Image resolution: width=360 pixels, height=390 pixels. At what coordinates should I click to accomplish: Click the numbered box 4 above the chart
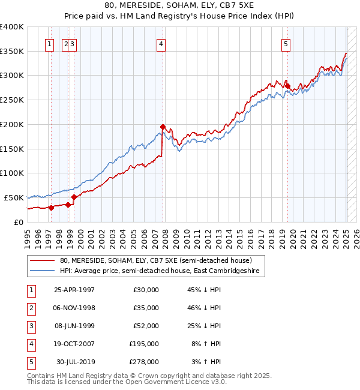[162, 43]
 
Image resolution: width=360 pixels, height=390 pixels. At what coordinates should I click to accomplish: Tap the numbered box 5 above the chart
[286, 43]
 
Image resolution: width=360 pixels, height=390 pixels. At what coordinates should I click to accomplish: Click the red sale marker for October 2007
[163, 127]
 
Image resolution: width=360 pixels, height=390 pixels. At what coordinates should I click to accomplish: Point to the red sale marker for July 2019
[287, 86]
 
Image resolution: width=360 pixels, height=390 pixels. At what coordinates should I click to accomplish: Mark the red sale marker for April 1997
[52, 208]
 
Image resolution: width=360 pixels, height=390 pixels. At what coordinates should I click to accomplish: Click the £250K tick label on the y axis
[11, 100]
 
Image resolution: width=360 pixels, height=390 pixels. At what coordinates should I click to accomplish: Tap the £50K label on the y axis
[14, 197]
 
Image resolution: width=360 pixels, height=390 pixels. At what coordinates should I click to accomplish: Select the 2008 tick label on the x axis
[165, 237]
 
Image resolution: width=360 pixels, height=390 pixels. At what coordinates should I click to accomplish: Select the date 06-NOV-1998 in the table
[74, 308]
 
